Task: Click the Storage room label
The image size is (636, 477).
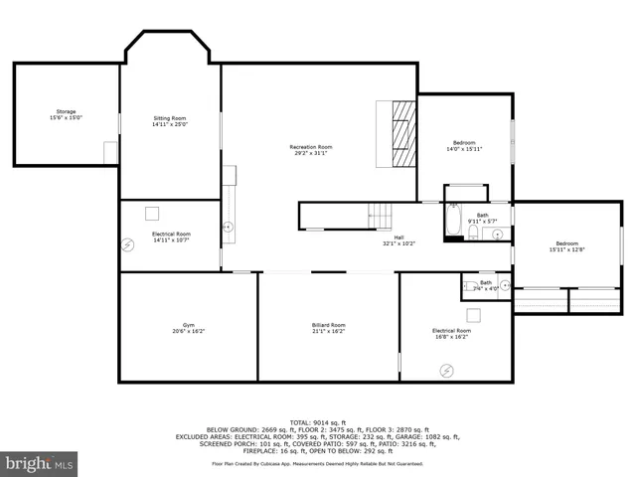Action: (66, 114)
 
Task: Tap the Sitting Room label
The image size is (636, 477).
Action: (170, 121)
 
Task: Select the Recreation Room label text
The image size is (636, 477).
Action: (310, 150)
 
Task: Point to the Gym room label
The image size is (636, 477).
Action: (187, 328)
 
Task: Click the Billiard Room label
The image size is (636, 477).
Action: (328, 328)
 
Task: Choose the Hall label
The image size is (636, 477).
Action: (398, 240)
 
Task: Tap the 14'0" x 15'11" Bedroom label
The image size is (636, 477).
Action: (464, 146)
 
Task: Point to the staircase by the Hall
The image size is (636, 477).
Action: (381, 214)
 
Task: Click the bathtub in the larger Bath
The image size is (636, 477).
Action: (452, 223)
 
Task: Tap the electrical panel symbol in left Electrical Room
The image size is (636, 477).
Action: (127, 243)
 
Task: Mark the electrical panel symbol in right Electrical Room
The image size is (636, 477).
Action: (446, 370)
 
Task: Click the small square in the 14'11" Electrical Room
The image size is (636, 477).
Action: (152, 213)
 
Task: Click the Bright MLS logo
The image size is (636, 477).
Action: (40, 463)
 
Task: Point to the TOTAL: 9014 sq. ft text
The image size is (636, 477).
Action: (317, 420)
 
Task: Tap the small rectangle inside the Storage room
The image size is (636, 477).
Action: (110, 152)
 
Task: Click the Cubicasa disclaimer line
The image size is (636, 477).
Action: (317, 463)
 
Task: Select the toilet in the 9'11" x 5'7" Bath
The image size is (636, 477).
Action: (475, 234)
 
